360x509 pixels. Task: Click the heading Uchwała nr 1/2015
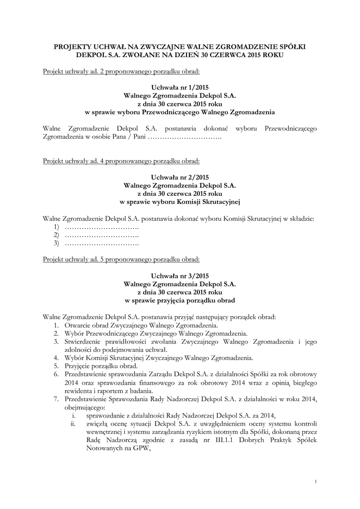[x=180, y=87]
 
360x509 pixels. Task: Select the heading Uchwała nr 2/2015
[x=180, y=177]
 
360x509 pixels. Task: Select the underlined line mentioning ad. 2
[x=121, y=71]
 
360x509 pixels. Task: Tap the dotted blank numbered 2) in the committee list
[x=101, y=235]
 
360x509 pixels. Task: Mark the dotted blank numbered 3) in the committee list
[x=101, y=243]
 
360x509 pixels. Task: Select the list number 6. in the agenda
[x=56, y=374]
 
